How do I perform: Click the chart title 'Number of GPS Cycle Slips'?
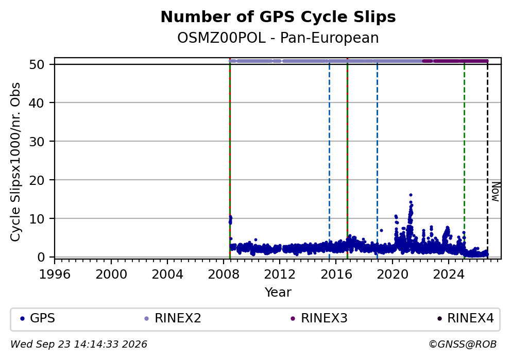[278, 17]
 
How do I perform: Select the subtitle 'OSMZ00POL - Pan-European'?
[278, 38]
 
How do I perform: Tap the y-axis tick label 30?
[37, 142]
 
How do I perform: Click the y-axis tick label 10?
[37, 218]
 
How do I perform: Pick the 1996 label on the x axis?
[55, 275]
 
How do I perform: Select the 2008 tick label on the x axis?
[224, 275]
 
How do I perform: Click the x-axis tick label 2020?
[393, 275]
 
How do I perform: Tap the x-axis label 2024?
[449, 275]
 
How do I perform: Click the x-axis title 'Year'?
[278, 292]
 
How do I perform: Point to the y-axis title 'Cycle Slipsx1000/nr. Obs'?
[15, 162]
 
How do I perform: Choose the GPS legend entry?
[38, 318]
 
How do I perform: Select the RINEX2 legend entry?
[173, 318]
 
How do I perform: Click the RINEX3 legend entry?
[319, 318]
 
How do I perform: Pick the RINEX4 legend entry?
[465, 318]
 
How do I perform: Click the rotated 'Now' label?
[496, 192]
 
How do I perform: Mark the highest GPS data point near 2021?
[411, 195]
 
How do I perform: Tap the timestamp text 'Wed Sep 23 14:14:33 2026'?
[79, 345]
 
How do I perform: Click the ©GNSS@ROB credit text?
[463, 345]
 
